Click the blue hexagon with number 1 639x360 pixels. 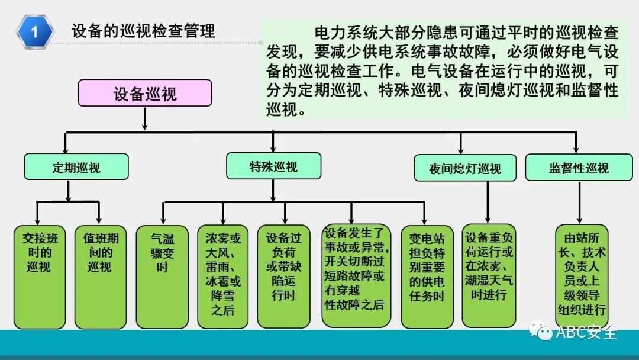tap(35, 31)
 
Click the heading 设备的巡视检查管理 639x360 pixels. tap(143, 31)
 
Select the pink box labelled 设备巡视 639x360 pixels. tap(145, 93)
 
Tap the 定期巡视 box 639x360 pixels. tap(76, 167)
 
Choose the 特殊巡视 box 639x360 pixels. tap(273, 166)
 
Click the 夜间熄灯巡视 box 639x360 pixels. tap(465, 168)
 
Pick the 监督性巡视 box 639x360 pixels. tap(579, 168)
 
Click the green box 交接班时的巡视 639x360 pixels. tap(39, 276)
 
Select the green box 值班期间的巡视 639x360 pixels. tap(100, 276)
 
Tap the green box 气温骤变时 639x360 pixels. tap(163, 276)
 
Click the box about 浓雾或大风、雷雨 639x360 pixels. tap(223, 276)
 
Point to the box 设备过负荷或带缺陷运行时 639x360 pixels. tap(284, 276)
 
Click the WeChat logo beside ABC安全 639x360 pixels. tap(541, 332)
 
